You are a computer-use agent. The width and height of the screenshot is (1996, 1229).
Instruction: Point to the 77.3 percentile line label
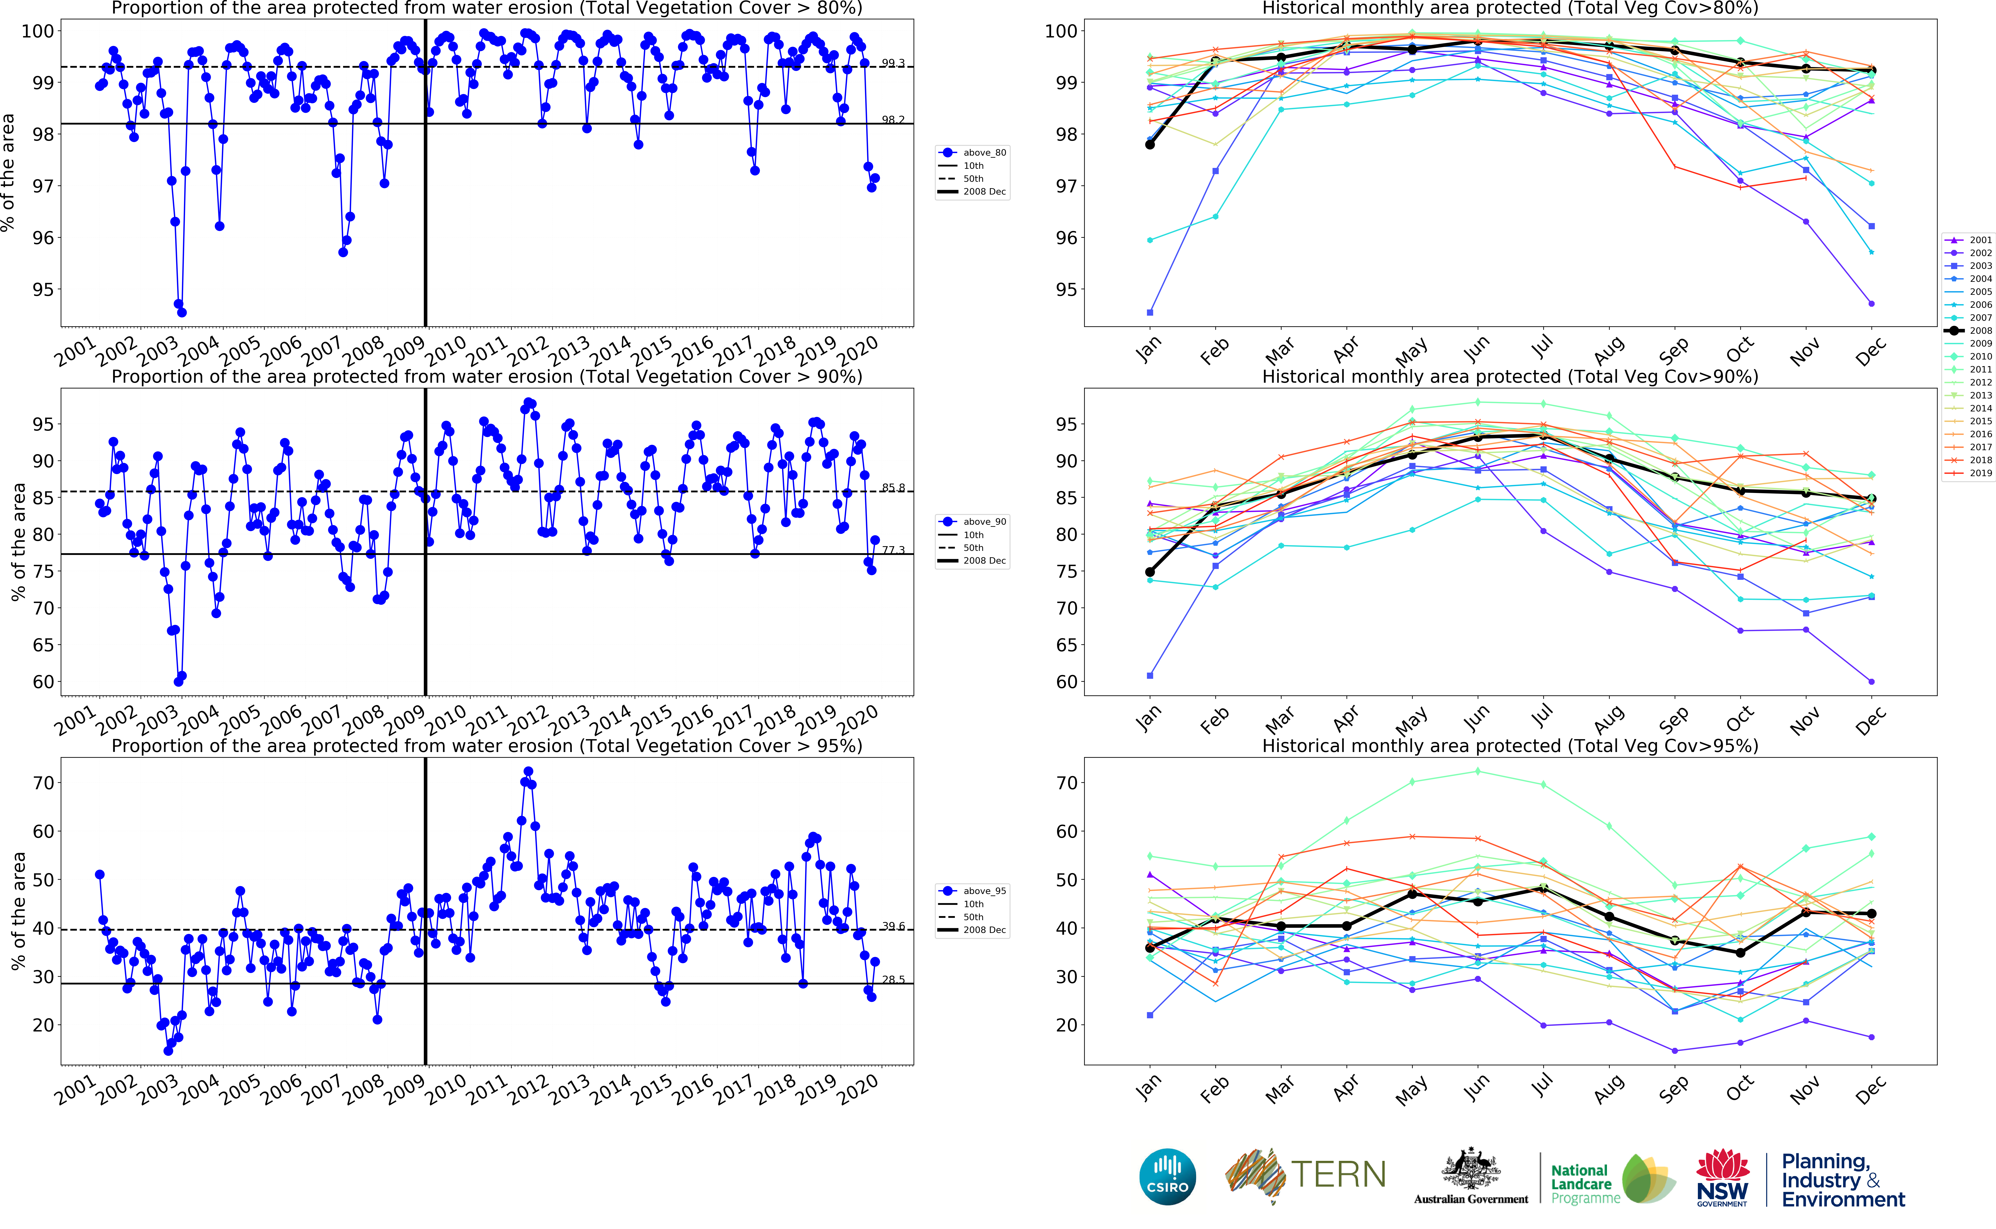pyautogui.click(x=893, y=550)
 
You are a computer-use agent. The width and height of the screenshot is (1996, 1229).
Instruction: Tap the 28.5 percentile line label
pyautogui.click(x=893, y=980)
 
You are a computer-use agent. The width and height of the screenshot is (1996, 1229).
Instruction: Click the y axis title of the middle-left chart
pyautogui.click(x=18, y=542)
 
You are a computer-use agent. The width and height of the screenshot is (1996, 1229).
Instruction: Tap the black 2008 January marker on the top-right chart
pyautogui.click(x=1150, y=145)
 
